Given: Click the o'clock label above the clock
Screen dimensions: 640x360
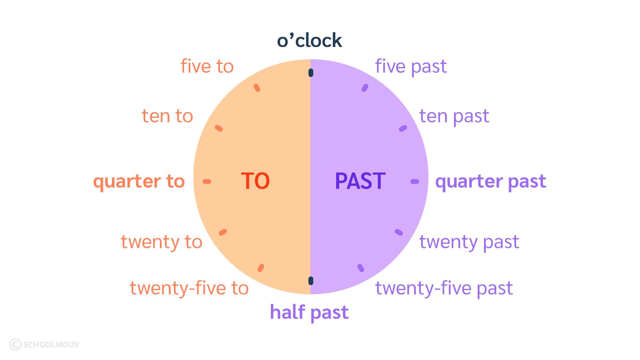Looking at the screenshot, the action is pos(310,41).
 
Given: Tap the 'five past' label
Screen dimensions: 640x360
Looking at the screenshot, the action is pos(411,67).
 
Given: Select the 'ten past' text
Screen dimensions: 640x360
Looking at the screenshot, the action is pos(454,117).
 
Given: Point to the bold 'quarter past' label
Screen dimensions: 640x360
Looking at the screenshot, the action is pos(491,181).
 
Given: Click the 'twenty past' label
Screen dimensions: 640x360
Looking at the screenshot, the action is pos(469,242).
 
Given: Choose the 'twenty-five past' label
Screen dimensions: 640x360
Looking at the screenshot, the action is pos(444,288).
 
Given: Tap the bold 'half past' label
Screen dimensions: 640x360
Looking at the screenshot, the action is pos(309,312).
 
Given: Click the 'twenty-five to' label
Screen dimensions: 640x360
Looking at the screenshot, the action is pos(189,288).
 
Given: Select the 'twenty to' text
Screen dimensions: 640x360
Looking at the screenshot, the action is pos(162,242).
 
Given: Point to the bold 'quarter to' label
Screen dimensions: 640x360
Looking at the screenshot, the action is pos(139,181).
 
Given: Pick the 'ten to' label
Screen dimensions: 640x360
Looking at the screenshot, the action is pos(167,117).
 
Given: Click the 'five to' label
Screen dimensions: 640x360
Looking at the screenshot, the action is pos(207,66).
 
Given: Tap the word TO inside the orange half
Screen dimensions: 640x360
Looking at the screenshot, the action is pos(255,181).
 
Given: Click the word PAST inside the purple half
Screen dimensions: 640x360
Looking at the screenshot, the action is pos(360,181).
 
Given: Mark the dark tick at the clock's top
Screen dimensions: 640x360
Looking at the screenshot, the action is pos(311,73).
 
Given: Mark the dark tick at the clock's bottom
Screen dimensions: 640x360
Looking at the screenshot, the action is pos(311,281).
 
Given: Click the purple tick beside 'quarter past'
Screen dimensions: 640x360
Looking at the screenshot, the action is pos(415,181).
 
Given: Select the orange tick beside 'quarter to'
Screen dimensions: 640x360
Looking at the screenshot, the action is pos(207,181).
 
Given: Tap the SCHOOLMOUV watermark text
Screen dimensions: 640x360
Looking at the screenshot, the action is pos(51,344).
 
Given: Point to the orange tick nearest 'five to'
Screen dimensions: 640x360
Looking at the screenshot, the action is pos(257,88).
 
